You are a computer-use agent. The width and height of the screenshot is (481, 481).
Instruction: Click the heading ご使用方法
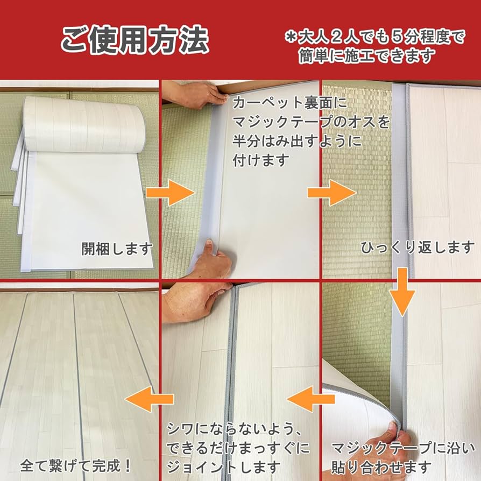coord(134,41)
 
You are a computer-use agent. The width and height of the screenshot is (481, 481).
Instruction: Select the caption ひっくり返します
coord(418,247)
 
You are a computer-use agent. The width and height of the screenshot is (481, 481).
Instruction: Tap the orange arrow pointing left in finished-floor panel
coord(151,399)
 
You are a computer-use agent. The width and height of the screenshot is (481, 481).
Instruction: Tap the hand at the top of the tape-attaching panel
coord(196,94)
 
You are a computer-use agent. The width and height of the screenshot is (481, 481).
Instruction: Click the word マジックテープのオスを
coord(311,123)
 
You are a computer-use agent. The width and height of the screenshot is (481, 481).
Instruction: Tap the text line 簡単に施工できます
coord(367,55)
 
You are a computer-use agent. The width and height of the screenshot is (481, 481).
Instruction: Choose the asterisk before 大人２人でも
coord(291,37)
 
